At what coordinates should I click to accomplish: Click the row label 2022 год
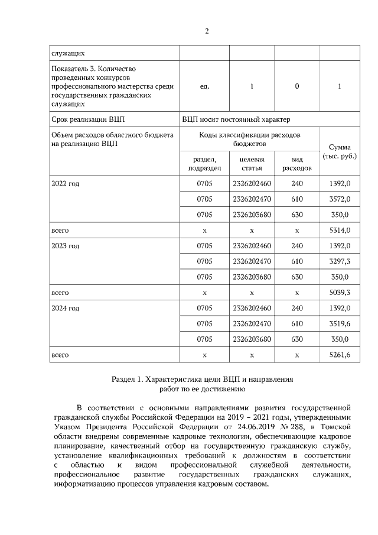65,184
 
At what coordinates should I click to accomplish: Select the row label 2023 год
65,246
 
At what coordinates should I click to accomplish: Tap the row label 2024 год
65,308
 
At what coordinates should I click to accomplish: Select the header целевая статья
252,164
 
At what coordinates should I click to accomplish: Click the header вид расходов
296,164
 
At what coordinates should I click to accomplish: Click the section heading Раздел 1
201,378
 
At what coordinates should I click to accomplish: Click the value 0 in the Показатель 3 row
296,86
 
